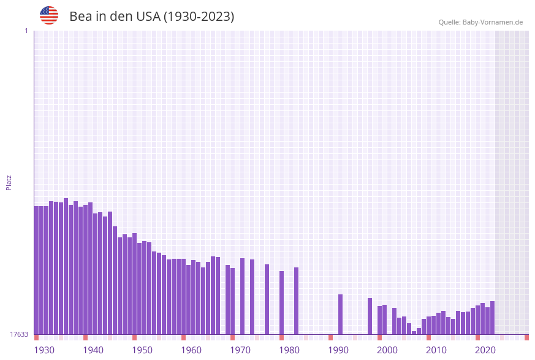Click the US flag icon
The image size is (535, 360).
pyautogui.click(x=49, y=15)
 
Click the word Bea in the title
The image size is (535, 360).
pyautogui.click(x=81, y=17)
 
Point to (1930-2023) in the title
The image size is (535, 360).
pyautogui.click(x=199, y=17)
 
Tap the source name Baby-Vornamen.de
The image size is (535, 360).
pyautogui.click(x=493, y=22)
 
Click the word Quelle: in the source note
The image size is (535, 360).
pyautogui.click(x=449, y=22)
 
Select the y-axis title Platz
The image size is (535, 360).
pyautogui.click(x=9, y=182)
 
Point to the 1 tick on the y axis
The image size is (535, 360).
pyautogui.click(x=26, y=31)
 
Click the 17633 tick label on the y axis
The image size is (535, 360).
pyautogui.click(x=19, y=334)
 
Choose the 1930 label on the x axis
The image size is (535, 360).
pyautogui.click(x=44, y=350)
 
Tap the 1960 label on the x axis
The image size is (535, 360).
pyautogui.click(x=191, y=350)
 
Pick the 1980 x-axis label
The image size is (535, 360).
pyautogui.click(x=289, y=350)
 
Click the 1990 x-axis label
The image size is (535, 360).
pyautogui.click(x=338, y=350)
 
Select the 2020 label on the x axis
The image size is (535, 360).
pyautogui.click(x=485, y=350)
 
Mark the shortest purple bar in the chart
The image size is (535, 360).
pyautogui.click(x=414, y=332)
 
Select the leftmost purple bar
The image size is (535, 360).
pyautogui.click(x=37, y=270)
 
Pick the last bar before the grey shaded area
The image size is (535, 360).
pyautogui.click(x=492, y=318)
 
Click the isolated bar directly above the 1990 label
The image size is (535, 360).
pyautogui.click(x=340, y=314)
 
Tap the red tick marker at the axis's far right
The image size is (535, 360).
pyautogui.click(x=526, y=337)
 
